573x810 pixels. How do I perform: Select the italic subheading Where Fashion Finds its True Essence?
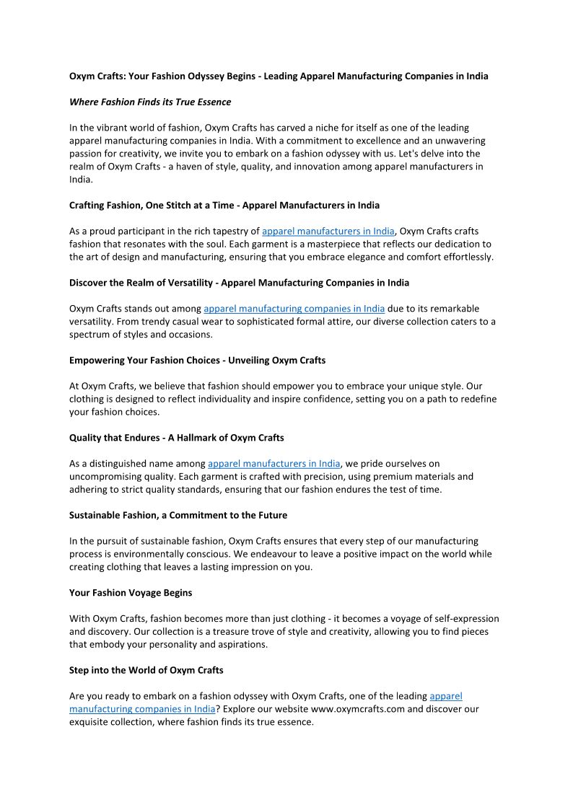(150, 102)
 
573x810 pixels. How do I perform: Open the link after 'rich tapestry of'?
(328, 231)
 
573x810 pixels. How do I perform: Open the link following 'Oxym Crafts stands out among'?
(294, 309)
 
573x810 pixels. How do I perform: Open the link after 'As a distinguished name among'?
(274, 464)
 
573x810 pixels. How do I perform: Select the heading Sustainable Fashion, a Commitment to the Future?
(178, 515)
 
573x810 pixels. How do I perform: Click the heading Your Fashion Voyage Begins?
(131, 593)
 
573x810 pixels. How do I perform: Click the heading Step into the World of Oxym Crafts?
(146, 670)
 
